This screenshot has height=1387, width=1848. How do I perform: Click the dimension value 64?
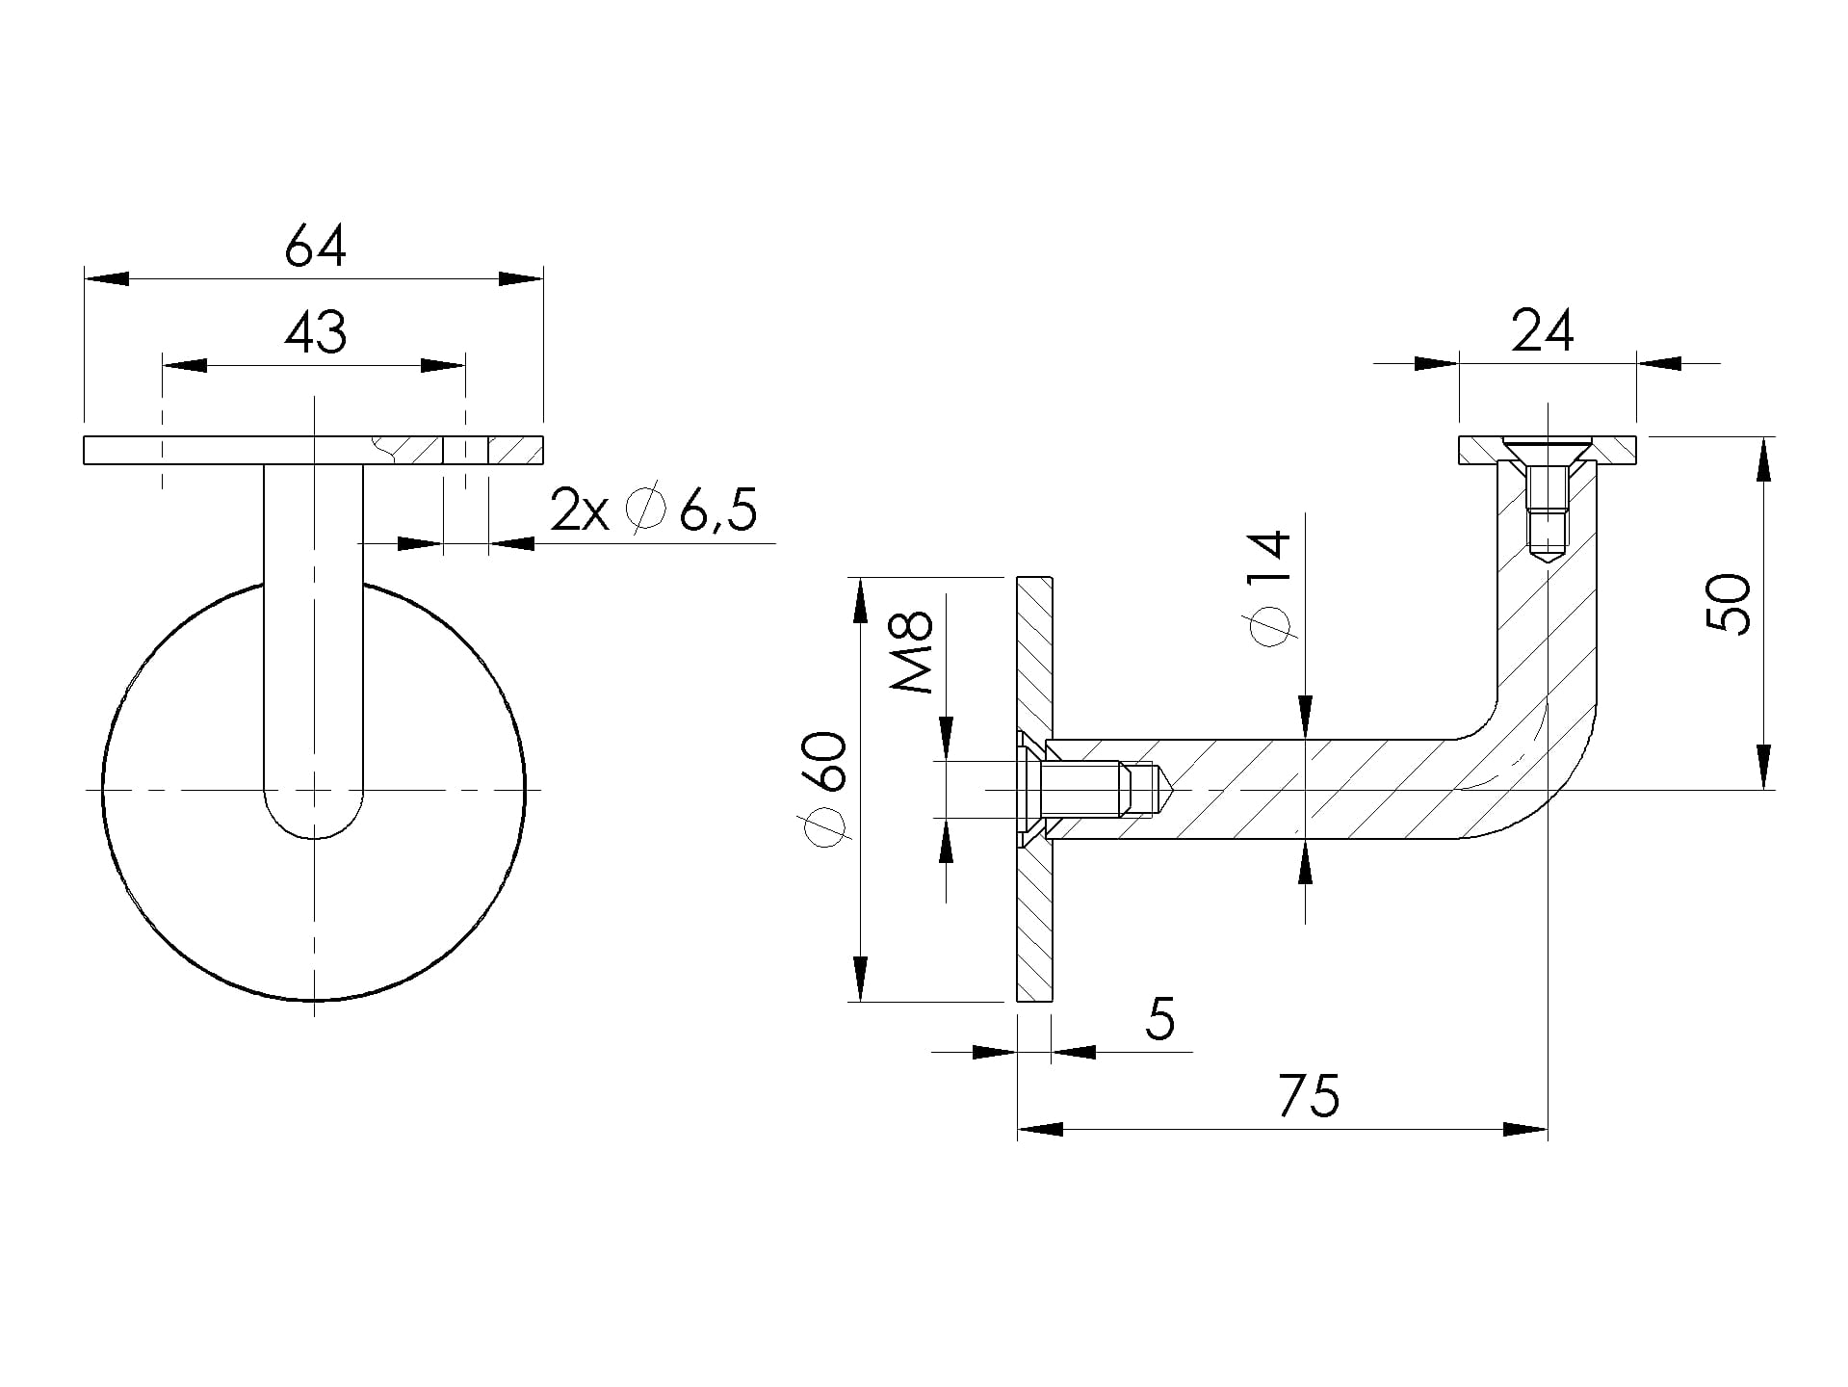pyautogui.click(x=315, y=247)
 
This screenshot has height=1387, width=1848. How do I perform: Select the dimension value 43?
pyautogui.click(x=315, y=332)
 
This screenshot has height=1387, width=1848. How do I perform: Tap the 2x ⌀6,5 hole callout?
pyautogui.click(x=654, y=510)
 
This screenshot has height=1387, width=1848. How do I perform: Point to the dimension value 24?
pyautogui.click(x=1543, y=331)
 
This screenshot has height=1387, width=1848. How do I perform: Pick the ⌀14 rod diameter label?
pyautogui.click(x=1269, y=588)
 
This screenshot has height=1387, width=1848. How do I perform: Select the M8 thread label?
pyautogui.click(x=911, y=652)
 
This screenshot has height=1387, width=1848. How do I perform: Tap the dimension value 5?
pyautogui.click(x=1161, y=1018)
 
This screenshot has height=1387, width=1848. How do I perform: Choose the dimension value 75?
pyautogui.click(x=1310, y=1095)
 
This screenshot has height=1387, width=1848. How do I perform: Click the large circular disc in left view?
pyautogui.click(x=314, y=790)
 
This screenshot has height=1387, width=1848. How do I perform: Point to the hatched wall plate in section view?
pyautogui.click(x=1035, y=790)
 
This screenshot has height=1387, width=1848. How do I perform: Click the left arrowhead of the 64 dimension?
pyautogui.click(x=106, y=279)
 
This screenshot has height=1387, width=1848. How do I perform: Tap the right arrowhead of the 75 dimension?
pyautogui.click(x=1525, y=1130)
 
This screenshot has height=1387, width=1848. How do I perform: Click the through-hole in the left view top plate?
pyautogui.click(x=465, y=450)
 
